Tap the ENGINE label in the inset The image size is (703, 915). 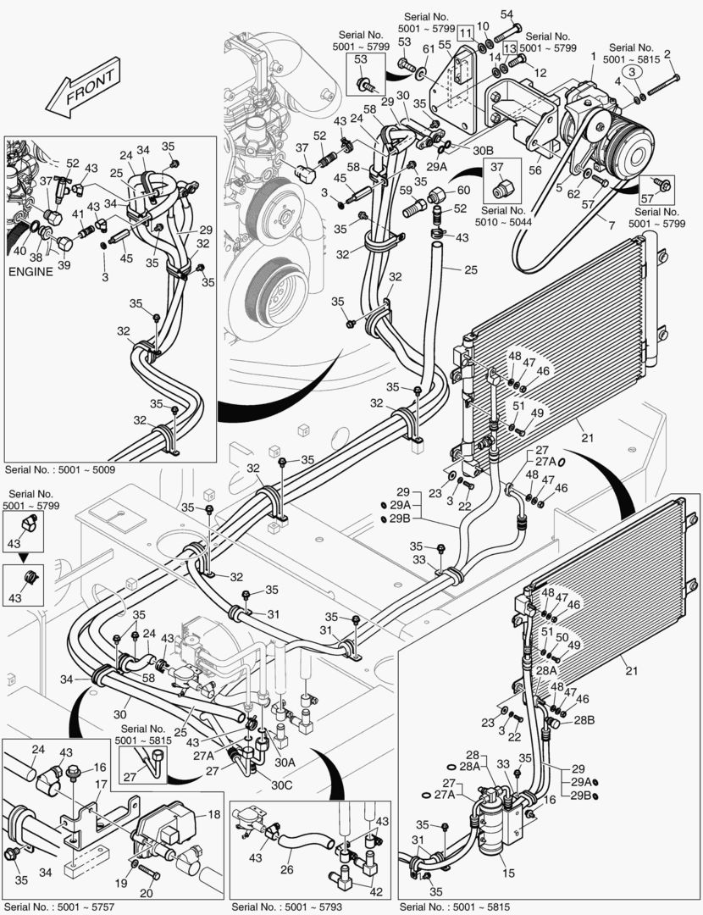coord(31,272)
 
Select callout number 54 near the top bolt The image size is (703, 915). coord(506,14)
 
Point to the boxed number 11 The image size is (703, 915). coord(467,33)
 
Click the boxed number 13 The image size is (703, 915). coord(509,48)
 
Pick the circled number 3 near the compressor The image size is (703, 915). coord(631,73)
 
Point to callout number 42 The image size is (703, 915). coord(376,890)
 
